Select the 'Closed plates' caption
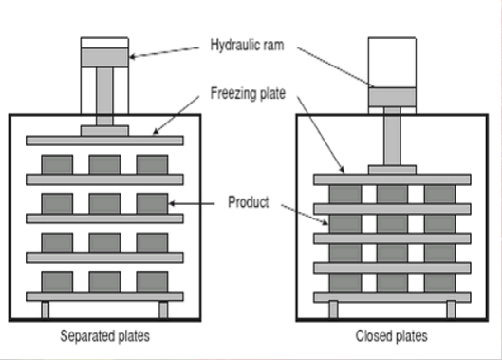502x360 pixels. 391,335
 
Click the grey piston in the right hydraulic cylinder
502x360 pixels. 391,96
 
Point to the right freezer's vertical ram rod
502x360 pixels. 391,137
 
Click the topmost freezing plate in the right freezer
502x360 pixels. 391,178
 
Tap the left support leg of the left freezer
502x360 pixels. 45,309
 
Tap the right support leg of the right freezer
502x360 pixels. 452,309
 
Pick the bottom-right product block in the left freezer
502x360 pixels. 152,280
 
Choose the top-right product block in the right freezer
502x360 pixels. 438,193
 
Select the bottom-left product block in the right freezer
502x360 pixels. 344,282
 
